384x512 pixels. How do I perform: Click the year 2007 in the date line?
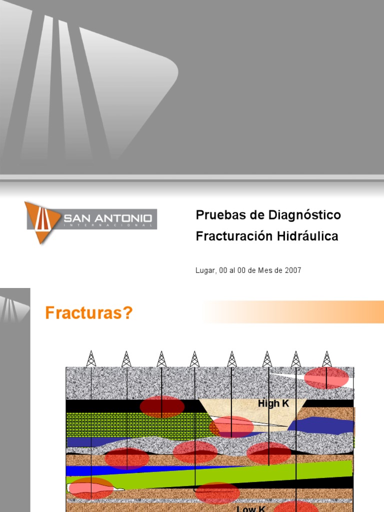(293, 270)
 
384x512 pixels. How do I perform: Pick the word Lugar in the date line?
(205, 270)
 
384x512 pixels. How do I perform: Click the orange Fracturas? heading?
(89, 313)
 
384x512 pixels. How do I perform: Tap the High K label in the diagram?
(273, 403)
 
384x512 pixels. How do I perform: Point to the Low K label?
(251, 508)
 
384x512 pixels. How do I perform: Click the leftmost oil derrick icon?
(91, 358)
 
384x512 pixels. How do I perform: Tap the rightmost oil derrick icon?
(327, 358)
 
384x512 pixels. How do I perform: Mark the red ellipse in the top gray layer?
(326, 377)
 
